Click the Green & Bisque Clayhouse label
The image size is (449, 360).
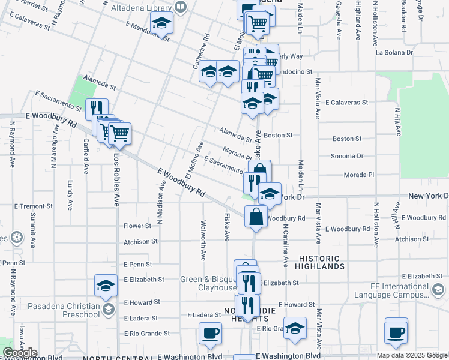tap(209, 283)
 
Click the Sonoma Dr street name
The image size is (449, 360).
tap(347, 156)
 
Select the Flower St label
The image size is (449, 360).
tap(137, 226)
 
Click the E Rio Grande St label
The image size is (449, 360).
tap(147, 333)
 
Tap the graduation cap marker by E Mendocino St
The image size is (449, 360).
tap(161, 23)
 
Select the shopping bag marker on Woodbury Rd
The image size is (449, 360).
tap(256, 217)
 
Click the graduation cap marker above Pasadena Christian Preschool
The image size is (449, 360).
tap(106, 286)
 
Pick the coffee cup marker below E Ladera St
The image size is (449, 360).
tap(209, 333)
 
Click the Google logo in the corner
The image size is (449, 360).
tap(20, 353)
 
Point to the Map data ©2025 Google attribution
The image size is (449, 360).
tap(412, 355)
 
